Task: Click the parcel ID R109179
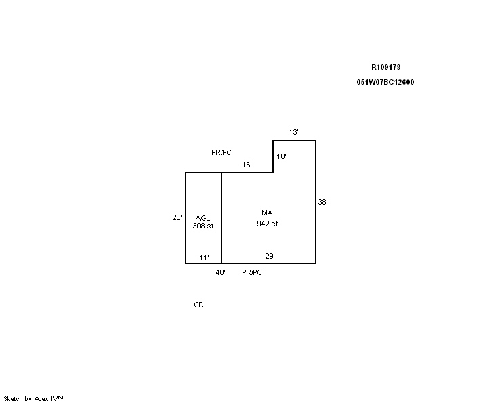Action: point(385,67)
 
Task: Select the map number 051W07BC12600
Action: point(385,82)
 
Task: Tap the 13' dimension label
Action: point(293,132)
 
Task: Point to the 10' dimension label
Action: point(281,156)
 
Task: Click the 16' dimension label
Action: point(247,165)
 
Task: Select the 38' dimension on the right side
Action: point(322,202)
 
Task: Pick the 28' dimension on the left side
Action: point(177,217)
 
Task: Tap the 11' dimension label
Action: point(204,257)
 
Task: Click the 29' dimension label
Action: point(270,256)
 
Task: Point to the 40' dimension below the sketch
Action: point(220,272)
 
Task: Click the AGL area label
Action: point(203,218)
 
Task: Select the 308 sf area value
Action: point(203,226)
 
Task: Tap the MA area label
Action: point(267,213)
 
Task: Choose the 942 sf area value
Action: point(267,224)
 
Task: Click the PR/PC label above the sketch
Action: point(221,152)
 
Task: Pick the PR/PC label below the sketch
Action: point(252,272)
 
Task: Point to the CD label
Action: point(198,305)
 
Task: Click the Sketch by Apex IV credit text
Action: point(33,399)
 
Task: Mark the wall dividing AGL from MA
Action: point(222,218)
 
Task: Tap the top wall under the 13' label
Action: point(295,140)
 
